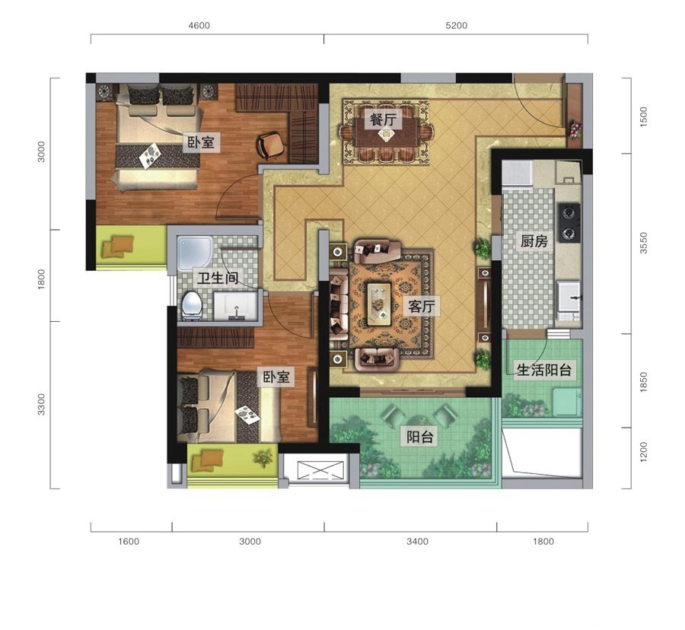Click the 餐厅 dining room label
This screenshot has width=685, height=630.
383,119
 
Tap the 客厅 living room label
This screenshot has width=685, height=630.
422,306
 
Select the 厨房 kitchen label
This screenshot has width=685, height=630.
534,240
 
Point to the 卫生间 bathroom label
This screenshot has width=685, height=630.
218,278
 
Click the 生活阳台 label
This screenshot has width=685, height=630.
544,371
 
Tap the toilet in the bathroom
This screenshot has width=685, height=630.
191,306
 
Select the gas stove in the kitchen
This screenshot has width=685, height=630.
569,223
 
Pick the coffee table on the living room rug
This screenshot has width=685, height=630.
379,304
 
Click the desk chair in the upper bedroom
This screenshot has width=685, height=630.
272,145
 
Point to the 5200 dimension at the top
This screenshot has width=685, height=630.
456,26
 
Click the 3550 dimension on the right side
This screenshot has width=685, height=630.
643,243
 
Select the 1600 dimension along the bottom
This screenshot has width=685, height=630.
129,542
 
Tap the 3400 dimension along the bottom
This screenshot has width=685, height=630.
417,542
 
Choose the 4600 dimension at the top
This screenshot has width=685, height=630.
199,26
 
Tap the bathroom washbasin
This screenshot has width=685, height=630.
235,307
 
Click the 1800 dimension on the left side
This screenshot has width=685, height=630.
40,279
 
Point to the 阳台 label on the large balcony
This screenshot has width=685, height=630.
419,437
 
